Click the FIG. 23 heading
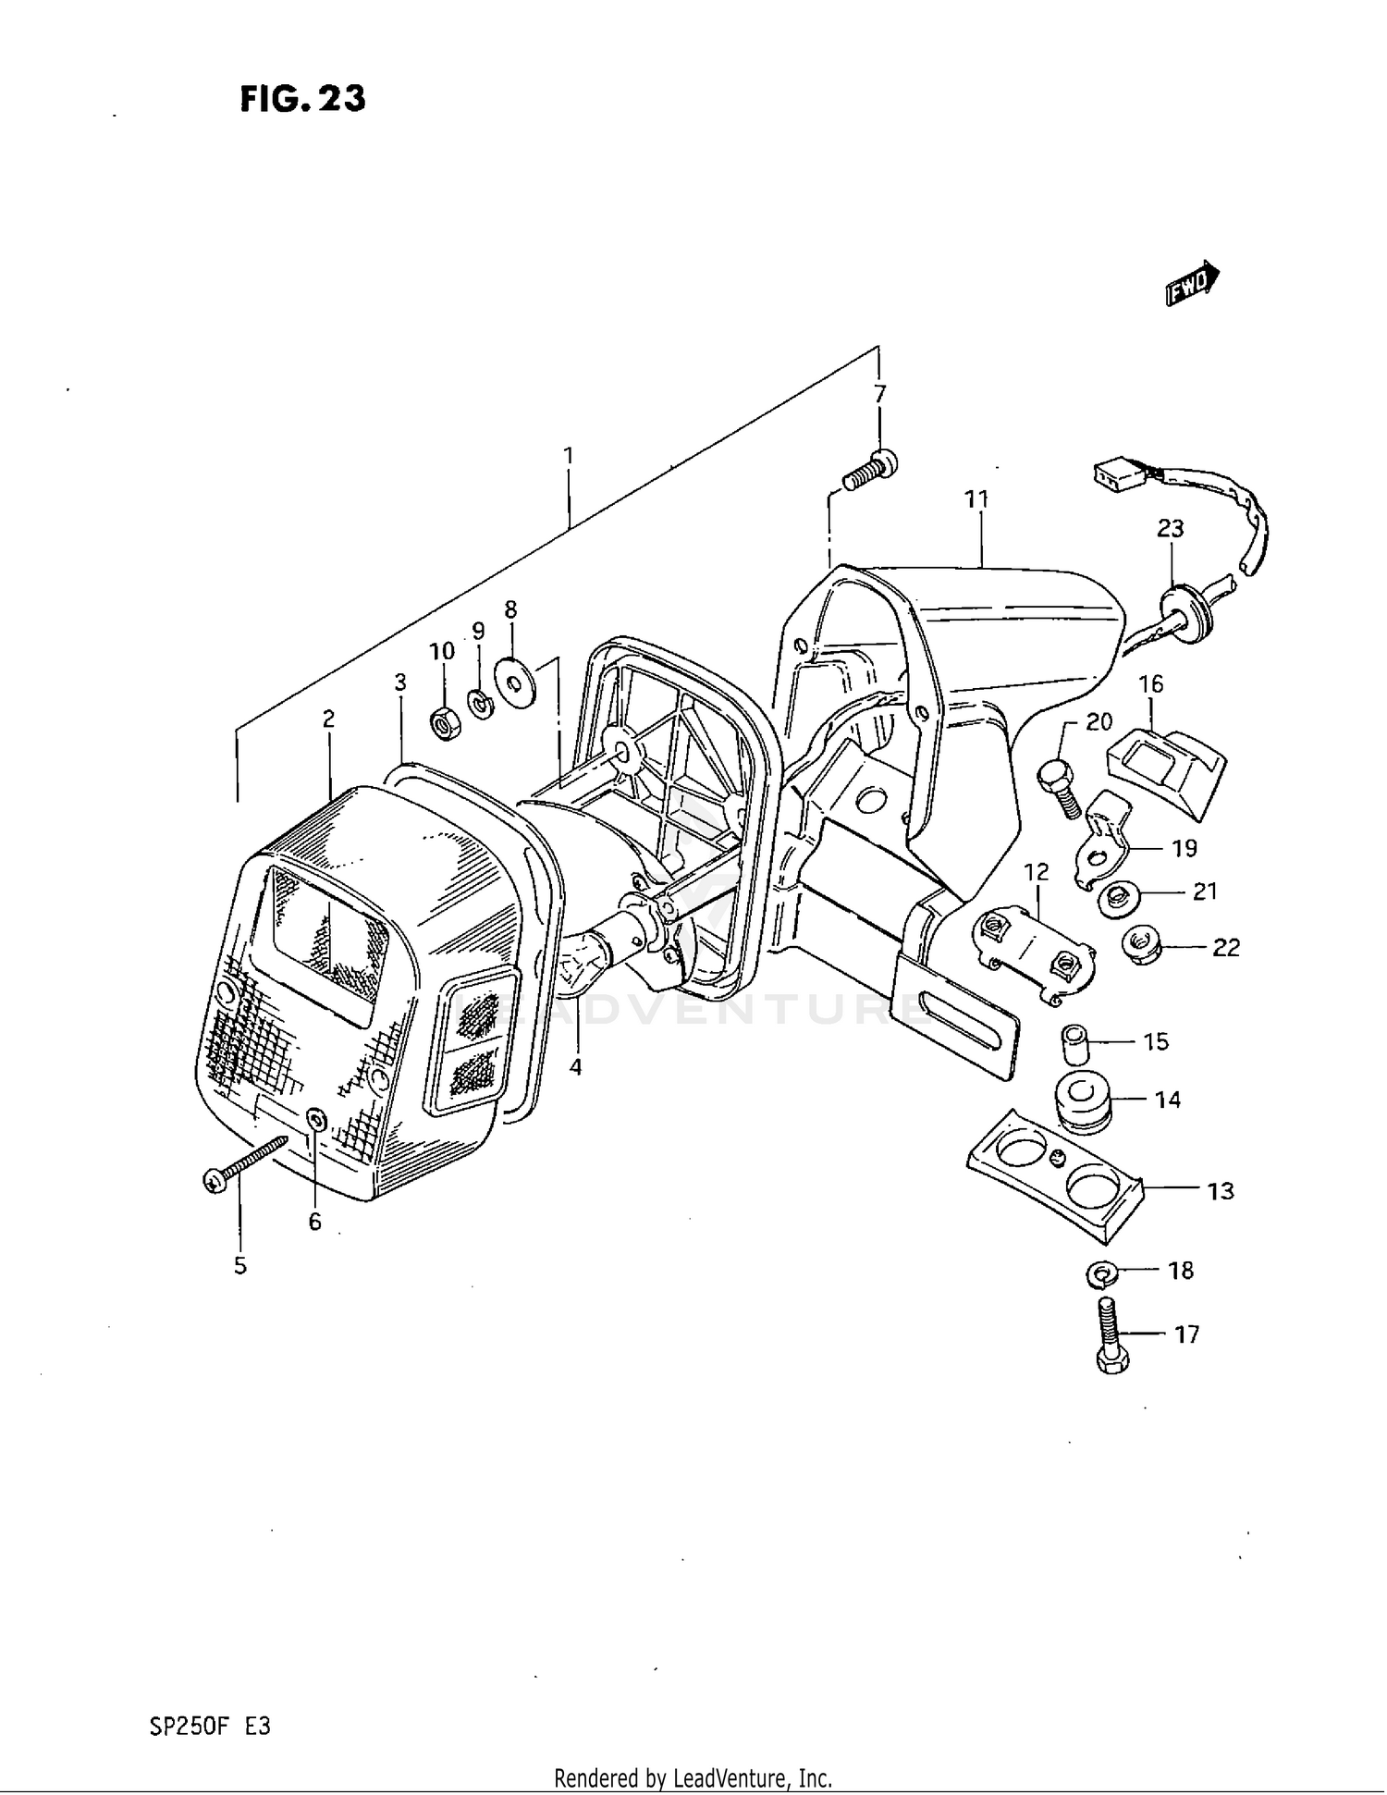point(302,98)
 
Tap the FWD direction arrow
point(1192,282)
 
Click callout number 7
point(879,395)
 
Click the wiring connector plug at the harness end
point(1116,475)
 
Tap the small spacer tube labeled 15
point(1073,1044)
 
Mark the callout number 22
point(1225,948)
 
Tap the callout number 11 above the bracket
point(976,499)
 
